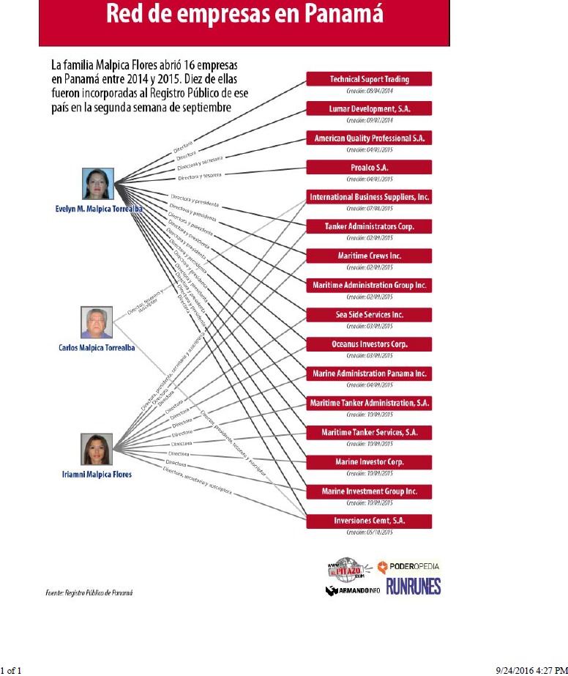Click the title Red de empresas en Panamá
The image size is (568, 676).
244,16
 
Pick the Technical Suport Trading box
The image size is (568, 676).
369,79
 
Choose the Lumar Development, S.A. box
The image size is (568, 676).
369,108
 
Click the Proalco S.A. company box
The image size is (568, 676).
369,167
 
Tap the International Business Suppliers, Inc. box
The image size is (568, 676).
369,197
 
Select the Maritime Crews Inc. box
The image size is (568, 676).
369,256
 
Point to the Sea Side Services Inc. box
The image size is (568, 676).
369,315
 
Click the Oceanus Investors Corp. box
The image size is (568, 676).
369,344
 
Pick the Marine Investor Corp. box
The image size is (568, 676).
369,462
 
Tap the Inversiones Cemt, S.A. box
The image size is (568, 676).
369,521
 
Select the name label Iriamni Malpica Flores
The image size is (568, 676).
96,475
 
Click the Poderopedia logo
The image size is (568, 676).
408,566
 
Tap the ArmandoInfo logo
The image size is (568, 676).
351,590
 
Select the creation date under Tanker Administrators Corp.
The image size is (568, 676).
369,238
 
